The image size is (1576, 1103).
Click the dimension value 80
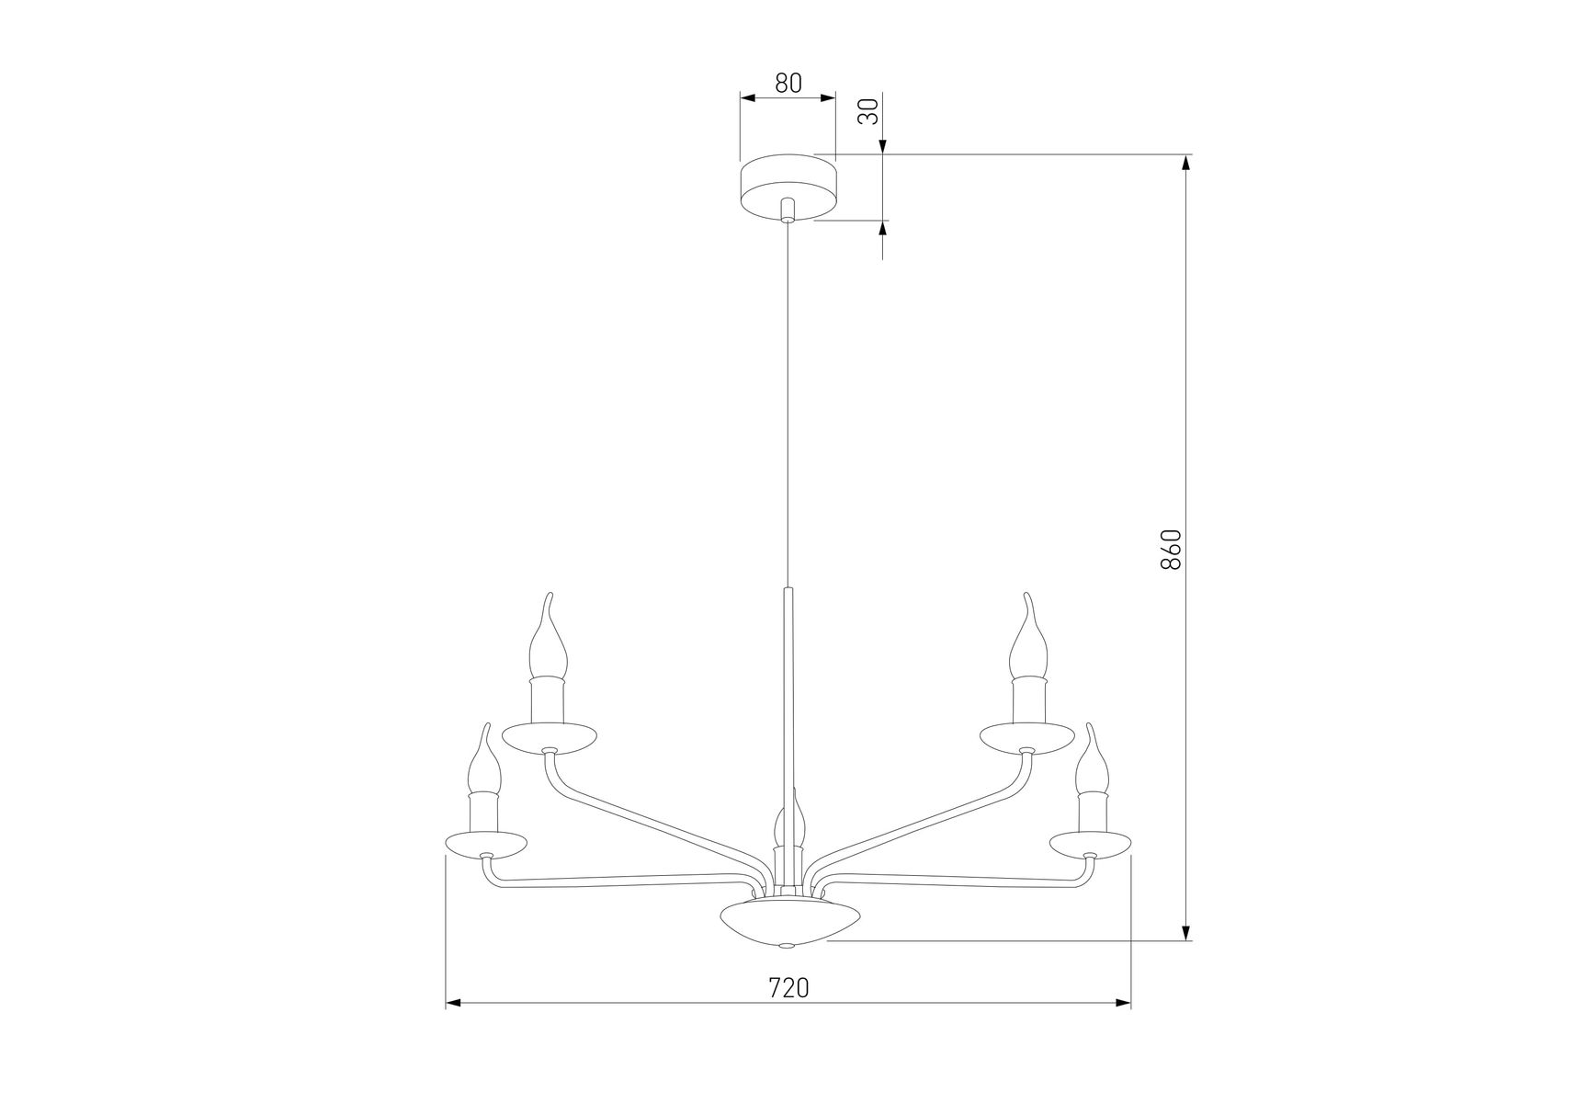click(788, 83)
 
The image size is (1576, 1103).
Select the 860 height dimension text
click(1169, 550)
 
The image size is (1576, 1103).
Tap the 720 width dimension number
click(788, 987)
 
